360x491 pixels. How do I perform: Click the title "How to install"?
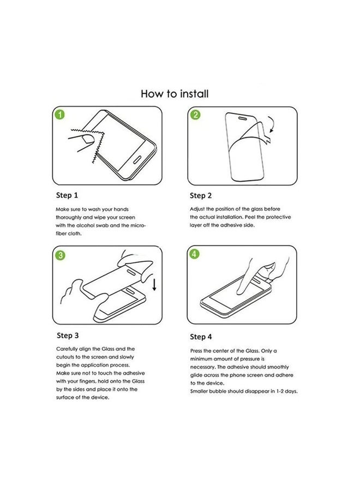click(175, 94)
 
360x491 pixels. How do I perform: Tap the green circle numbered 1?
click(61, 115)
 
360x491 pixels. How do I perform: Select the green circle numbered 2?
click(195, 115)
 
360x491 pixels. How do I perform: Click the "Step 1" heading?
click(67, 195)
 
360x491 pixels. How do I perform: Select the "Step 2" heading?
click(201, 195)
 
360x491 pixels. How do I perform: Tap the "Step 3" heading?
click(68, 335)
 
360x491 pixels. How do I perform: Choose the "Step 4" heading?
click(201, 337)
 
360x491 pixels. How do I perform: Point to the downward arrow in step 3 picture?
click(154, 284)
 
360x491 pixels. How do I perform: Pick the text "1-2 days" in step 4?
click(286, 392)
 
